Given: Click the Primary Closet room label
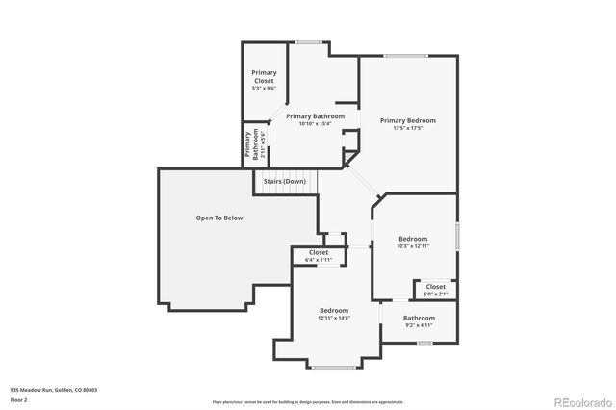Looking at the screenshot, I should (x=263, y=76).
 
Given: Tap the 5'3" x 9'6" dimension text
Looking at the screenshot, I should (x=263, y=88).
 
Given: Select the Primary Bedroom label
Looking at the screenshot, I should (x=407, y=120).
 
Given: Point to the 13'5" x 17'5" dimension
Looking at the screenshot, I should (x=407, y=128).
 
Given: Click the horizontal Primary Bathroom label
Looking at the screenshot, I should (x=315, y=115).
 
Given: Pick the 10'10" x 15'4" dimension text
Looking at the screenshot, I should (x=315, y=123).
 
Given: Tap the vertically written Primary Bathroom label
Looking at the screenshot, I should (x=249, y=143).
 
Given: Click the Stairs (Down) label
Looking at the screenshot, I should (x=285, y=181).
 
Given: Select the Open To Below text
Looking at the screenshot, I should (x=219, y=218).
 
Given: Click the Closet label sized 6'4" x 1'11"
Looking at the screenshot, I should (x=319, y=252).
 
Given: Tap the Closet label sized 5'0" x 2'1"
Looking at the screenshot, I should (x=436, y=286).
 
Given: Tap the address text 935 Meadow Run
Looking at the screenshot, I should (x=54, y=390).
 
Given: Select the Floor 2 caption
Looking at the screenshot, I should (x=19, y=399).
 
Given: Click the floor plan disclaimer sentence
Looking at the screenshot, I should (x=307, y=401).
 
